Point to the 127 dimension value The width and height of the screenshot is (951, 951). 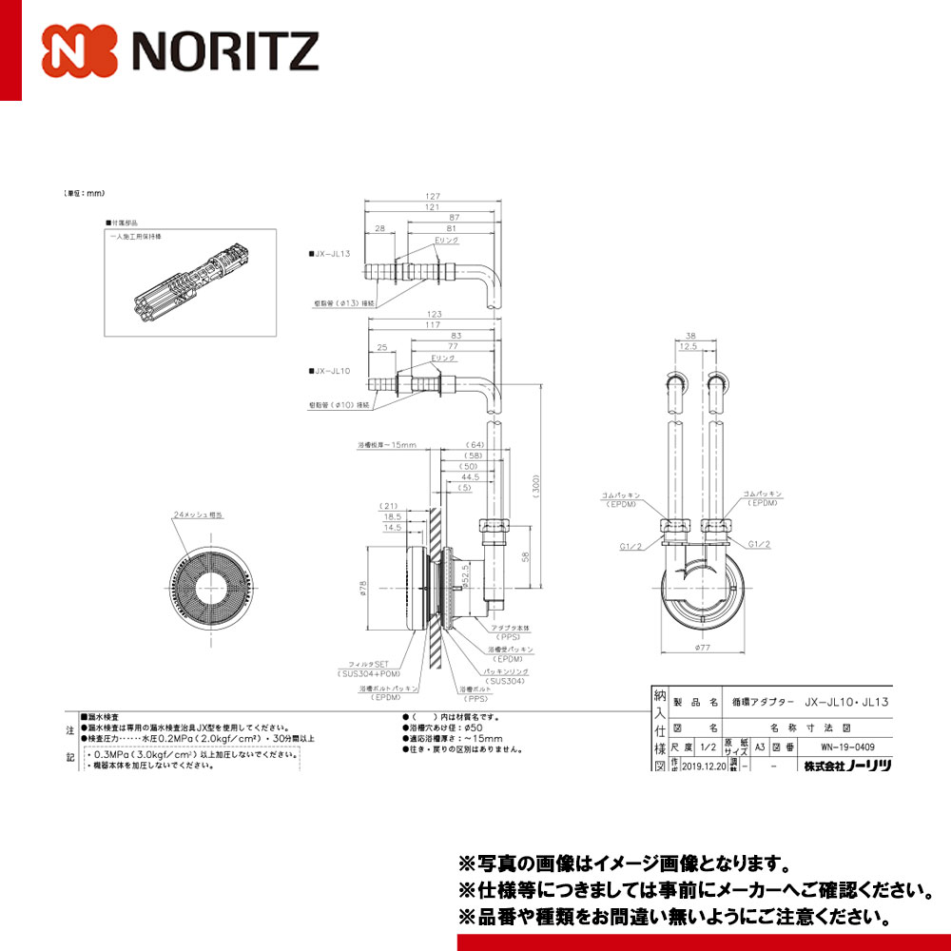click(x=432, y=197)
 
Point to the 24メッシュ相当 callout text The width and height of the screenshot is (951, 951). click(x=198, y=514)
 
